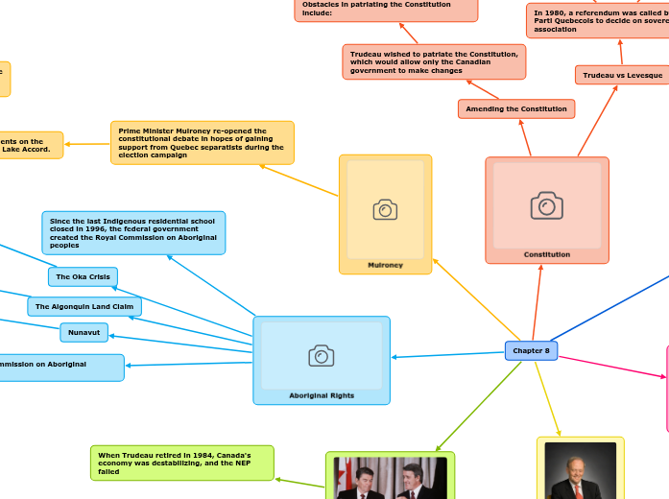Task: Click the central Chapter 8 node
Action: [x=531, y=351]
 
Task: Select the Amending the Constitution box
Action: [x=516, y=109]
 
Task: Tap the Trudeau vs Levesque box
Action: [x=623, y=75]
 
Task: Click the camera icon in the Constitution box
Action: [x=546, y=204]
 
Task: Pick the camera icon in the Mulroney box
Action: [x=385, y=209]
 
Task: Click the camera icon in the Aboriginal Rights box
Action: [x=322, y=355]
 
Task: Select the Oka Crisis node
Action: [x=83, y=277]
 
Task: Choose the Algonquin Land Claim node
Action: [x=84, y=307]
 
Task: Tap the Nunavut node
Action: [x=84, y=333]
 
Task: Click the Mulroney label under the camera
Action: [x=385, y=265]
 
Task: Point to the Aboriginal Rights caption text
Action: [x=322, y=395]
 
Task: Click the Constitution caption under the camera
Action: [x=547, y=254]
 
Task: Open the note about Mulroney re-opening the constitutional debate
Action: [x=202, y=142]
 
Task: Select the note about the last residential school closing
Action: [x=133, y=233]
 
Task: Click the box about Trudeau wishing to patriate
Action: [x=434, y=62]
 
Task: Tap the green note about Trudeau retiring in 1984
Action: [x=182, y=463]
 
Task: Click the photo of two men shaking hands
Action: [x=390, y=478]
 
